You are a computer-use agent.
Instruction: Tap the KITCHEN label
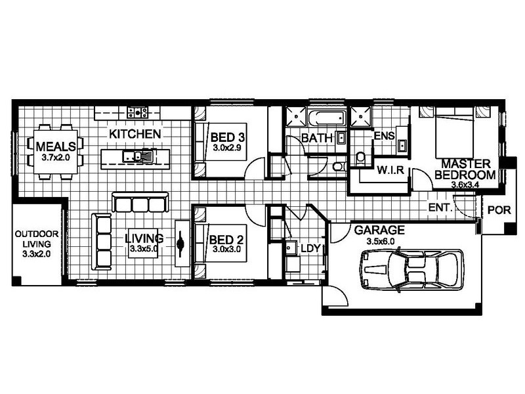pos(135,134)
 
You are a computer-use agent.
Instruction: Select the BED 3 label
pos(228,139)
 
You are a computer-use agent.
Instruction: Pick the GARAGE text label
pos(379,230)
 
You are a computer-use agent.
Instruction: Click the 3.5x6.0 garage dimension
pos(379,241)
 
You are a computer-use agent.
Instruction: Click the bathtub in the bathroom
pos(325,118)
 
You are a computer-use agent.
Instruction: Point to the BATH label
pos(315,139)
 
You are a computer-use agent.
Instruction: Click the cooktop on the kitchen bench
pos(136,112)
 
